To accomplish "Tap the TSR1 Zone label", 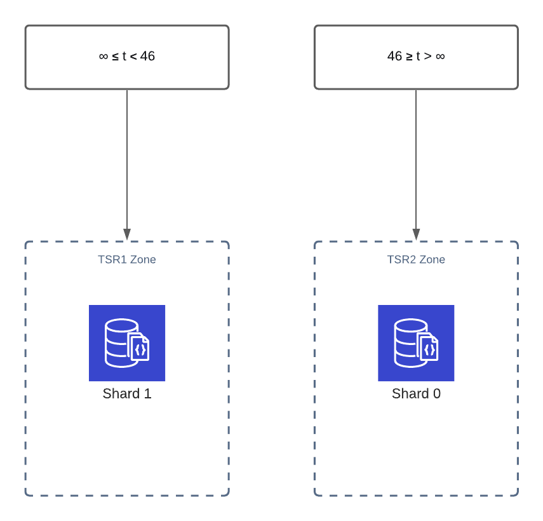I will point(127,259).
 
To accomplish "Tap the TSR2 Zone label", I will point(416,259).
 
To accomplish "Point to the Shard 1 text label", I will point(127,394).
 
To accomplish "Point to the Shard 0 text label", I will point(416,394).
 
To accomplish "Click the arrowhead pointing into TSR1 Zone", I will point(127,234).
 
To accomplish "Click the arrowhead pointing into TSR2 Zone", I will point(416,234).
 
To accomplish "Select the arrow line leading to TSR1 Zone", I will point(127,159).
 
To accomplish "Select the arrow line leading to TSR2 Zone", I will point(416,159).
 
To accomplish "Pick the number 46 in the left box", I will point(147,57).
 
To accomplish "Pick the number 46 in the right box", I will point(394,57).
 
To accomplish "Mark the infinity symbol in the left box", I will point(104,57).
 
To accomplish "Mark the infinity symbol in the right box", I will point(440,57).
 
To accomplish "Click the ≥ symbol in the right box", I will point(409,57).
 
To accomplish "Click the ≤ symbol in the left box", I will point(116,57).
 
